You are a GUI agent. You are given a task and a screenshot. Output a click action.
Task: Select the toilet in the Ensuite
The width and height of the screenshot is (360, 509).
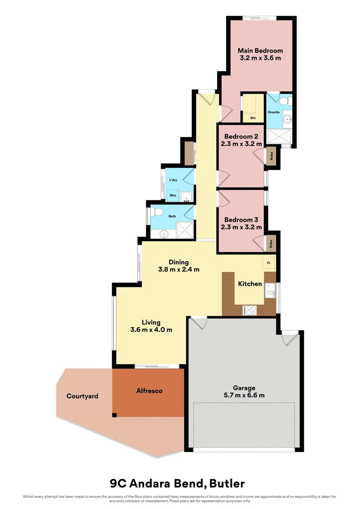point(284,100)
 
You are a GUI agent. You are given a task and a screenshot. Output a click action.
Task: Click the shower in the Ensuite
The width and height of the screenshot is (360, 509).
point(279,137)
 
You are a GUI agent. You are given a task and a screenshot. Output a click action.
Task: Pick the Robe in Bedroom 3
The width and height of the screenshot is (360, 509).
point(271,243)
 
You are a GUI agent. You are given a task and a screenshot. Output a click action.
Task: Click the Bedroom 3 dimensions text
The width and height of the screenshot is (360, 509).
point(241,227)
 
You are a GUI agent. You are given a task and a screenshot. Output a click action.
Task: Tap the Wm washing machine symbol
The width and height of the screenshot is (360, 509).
point(173,195)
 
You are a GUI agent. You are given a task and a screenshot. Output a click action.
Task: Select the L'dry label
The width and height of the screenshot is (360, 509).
point(173,180)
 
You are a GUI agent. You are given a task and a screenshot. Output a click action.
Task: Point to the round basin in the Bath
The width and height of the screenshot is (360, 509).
point(164,232)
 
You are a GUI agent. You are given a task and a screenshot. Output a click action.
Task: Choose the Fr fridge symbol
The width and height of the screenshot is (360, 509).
point(269,262)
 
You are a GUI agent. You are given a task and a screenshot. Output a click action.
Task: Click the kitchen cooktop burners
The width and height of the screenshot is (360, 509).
point(250,310)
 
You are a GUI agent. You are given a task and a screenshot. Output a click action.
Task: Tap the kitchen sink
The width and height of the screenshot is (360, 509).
point(270,291)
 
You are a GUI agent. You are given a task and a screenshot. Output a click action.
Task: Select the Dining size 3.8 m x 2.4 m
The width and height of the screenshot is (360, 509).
point(179,270)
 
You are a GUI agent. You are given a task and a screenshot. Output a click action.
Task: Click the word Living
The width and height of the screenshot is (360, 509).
point(151,322)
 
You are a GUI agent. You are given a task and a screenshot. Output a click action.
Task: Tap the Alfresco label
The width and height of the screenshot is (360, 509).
point(149,391)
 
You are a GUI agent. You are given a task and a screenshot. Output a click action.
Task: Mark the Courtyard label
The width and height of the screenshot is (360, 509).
point(82,396)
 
